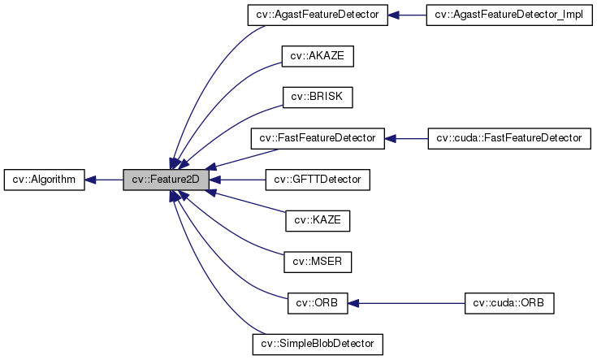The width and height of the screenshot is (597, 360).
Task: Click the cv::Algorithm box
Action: pyautogui.click(x=44, y=180)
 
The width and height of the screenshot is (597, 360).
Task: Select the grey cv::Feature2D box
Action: pyautogui.click(x=166, y=180)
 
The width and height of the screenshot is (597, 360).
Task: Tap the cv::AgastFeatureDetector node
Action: pyautogui.click(x=318, y=15)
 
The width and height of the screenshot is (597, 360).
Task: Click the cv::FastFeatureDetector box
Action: pyautogui.click(x=318, y=138)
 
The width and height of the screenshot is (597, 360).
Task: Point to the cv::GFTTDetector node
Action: pyautogui.click(x=318, y=180)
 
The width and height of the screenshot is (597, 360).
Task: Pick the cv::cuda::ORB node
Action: pyautogui.click(x=508, y=303)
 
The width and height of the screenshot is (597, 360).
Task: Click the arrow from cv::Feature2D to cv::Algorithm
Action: pyautogui.click(x=106, y=180)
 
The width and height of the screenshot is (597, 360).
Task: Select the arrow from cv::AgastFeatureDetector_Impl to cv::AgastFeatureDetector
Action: pyautogui.click(x=410, y=15)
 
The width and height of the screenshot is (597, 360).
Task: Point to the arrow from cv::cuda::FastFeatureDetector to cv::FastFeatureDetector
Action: pyautogui.click(x=410, y=138)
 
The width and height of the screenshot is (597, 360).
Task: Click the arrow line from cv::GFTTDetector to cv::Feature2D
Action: pyautogui.click(x=240, y=180)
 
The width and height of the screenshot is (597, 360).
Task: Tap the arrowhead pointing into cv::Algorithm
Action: pyautogui.click(x=91, y=180)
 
